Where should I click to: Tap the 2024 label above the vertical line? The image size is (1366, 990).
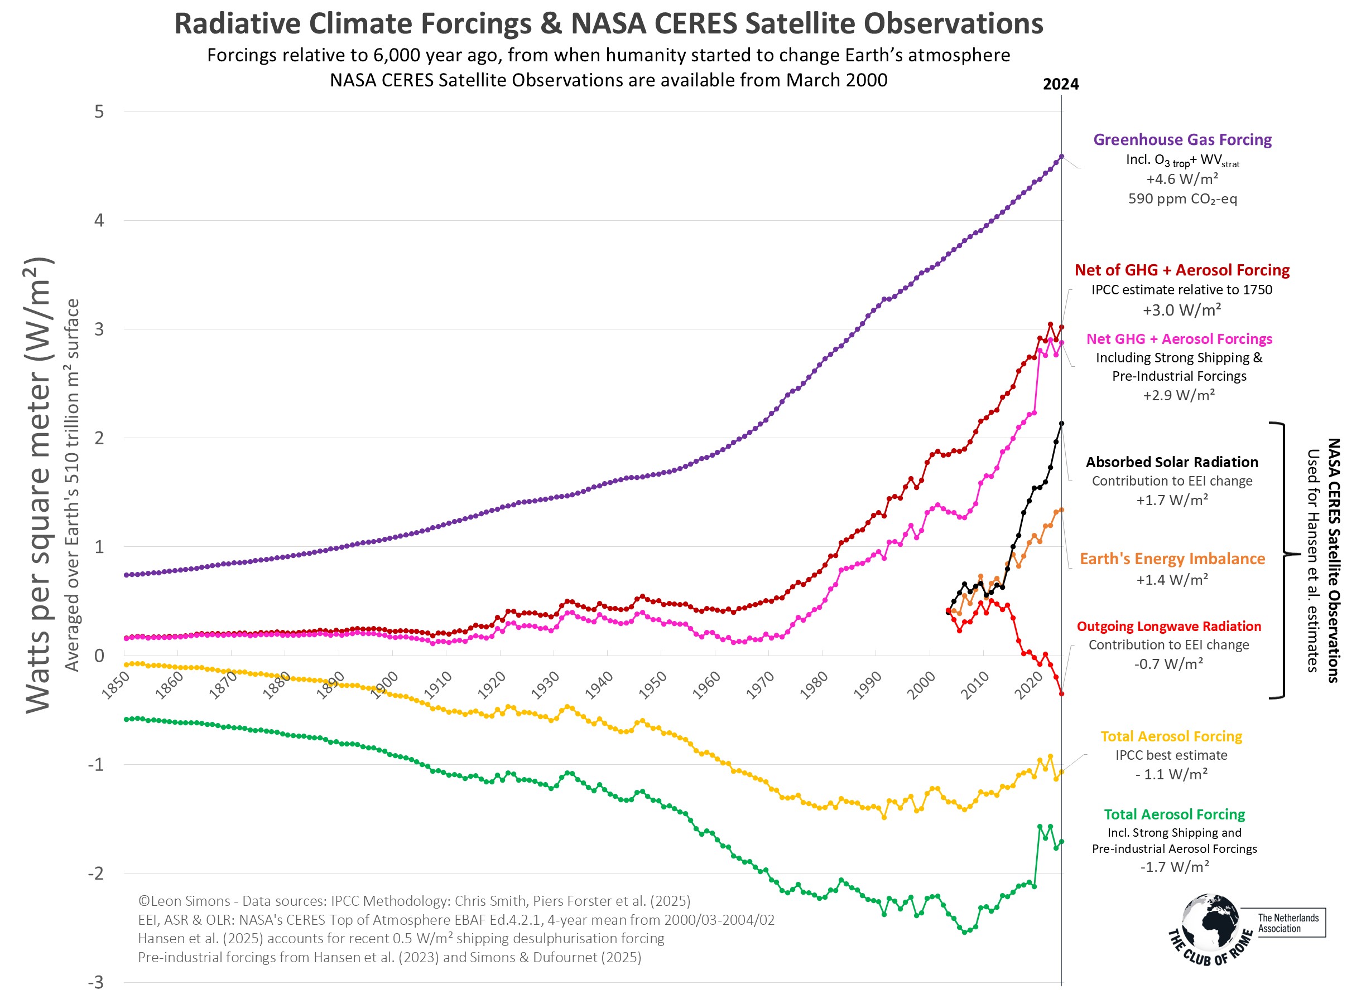1061,84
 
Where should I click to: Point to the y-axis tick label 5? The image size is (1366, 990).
99,111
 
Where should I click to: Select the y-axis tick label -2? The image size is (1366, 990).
96,873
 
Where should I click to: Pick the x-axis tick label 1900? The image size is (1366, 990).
384,686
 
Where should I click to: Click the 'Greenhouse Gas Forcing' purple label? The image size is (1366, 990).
1182,139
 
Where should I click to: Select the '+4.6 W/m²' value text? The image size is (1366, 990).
1182,179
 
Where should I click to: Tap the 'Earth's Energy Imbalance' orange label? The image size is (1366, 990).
1172,559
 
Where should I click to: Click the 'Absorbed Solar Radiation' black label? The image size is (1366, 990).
1172,462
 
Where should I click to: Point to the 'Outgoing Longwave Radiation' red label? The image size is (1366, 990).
1168,627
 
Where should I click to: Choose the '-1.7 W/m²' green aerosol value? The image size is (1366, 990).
1175,867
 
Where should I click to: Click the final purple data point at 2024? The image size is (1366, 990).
1061,157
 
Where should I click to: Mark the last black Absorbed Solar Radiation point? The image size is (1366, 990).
1061,424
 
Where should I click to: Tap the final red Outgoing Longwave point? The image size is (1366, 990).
1061,694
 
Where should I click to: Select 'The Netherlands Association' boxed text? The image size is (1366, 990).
1288,923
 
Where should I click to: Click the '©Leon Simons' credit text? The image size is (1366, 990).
184,901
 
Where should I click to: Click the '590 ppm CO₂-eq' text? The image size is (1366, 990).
1182,199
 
